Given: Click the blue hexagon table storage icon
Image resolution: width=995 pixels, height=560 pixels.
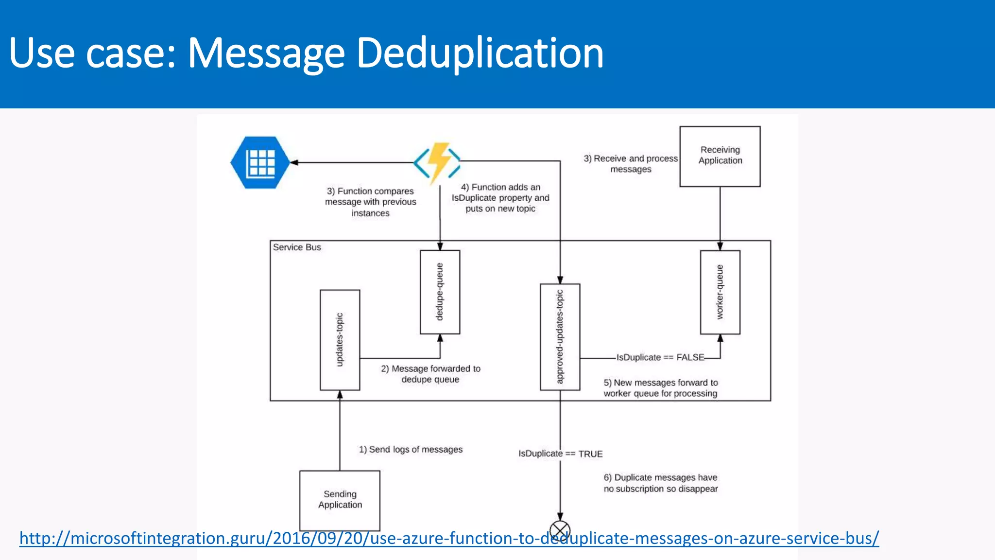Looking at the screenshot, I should tap(260, 162).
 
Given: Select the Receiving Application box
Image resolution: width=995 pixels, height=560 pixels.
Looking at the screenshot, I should tap(720, 156).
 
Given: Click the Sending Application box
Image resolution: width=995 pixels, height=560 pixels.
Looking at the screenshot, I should tap(340, 500).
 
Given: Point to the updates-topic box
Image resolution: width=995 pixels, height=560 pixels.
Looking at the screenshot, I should tap(340, 340).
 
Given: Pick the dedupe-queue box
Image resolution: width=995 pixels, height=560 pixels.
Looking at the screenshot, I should tap(440, 292).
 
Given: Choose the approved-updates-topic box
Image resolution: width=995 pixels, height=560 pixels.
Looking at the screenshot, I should tap(560, 337).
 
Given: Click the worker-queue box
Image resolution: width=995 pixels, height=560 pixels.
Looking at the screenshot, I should tap(720, 292).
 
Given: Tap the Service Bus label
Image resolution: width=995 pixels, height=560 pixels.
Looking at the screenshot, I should tap(297, 247).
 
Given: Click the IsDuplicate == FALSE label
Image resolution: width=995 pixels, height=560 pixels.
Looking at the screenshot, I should tap(660, 357).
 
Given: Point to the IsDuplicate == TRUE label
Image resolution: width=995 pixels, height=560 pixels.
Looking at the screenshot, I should tap(560, 454).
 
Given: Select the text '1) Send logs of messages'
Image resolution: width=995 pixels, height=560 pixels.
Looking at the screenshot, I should tap(411, 450).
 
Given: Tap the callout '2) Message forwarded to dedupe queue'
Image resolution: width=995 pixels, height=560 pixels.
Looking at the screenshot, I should tap(430, 374).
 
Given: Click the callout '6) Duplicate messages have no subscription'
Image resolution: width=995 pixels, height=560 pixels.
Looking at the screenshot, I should tap(660, 483).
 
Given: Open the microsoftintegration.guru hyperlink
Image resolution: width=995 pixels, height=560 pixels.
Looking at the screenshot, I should tap(449, 538).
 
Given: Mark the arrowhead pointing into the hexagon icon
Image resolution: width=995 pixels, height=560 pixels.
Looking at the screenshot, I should tap(294, 162).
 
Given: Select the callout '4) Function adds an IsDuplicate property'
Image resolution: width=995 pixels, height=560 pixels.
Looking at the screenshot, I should tap(500, 198).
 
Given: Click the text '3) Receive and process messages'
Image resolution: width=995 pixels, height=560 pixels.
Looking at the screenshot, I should tap(631, 164).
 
